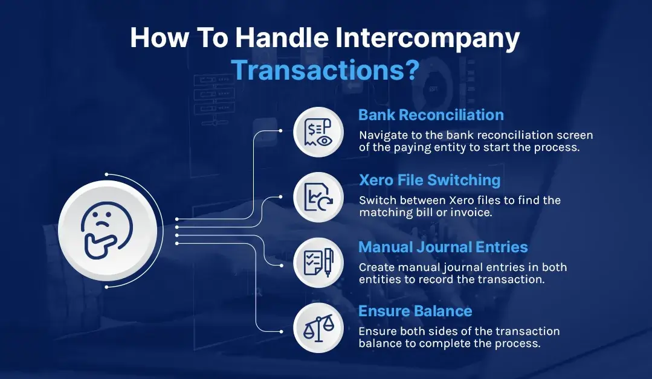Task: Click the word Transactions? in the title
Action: click(x=325, y=70)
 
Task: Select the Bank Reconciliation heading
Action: click(x=431, y=115)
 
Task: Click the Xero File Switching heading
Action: click(x=430, y=180)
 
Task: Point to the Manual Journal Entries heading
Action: click(x=443, y=247)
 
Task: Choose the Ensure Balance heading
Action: click(x=415, y=311)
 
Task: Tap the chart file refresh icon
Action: click(x=318, y=197)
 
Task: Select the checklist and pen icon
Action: click(x=318, y=262)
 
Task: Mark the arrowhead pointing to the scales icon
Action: click(x=280, y=331)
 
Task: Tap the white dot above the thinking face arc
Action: click(x=106, y=174)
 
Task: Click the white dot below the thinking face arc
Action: click(x=106, y=287)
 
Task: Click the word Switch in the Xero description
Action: click(x=375, y=200)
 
